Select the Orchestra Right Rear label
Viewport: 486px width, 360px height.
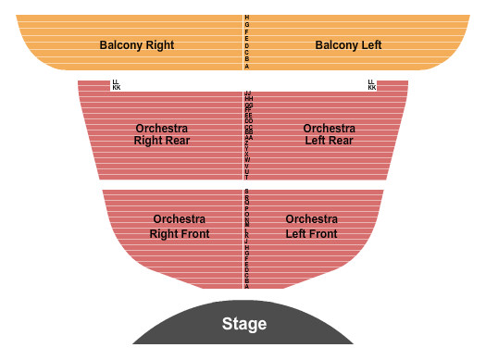(162, 134)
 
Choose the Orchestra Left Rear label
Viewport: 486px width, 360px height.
(330, 134)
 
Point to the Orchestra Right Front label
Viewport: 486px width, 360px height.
(180, 227)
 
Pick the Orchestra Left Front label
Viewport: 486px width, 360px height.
(312, 227)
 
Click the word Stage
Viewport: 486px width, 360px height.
(244, 324)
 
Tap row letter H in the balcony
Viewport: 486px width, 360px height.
(247, 18)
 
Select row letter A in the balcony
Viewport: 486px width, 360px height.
(247, 67)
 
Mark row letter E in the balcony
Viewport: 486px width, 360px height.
(247, 39)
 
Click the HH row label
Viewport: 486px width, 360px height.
(248, 99)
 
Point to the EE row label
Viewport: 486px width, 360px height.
(248, 116)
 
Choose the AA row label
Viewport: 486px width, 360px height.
(248, 138)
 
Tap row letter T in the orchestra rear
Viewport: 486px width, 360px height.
(247, 177)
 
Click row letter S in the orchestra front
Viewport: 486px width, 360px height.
(247, 191)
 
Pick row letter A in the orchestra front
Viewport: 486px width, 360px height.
(247, 287)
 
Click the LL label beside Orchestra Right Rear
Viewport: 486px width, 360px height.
(116, 82)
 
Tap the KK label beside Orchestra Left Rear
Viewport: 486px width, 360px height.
(372, 88)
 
